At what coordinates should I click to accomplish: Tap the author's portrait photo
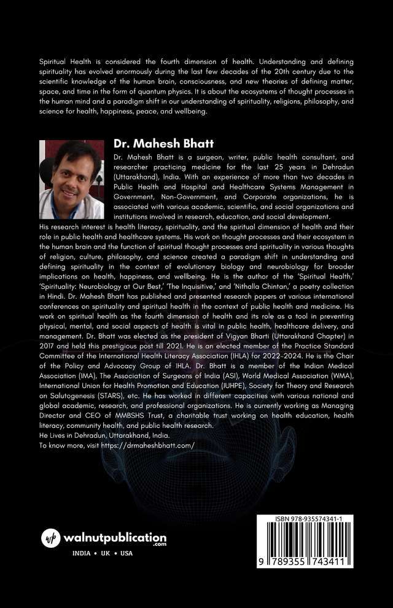[72, 180]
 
